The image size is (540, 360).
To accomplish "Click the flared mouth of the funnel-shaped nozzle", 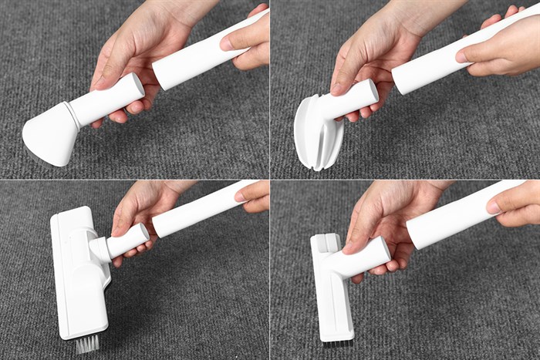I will [x=49, y=139].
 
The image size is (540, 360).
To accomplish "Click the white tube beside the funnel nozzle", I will [x=202, y=54].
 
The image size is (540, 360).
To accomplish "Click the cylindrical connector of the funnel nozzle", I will [x=108, y=100].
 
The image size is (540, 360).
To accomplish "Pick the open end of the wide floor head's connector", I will [x=141, y=233].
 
